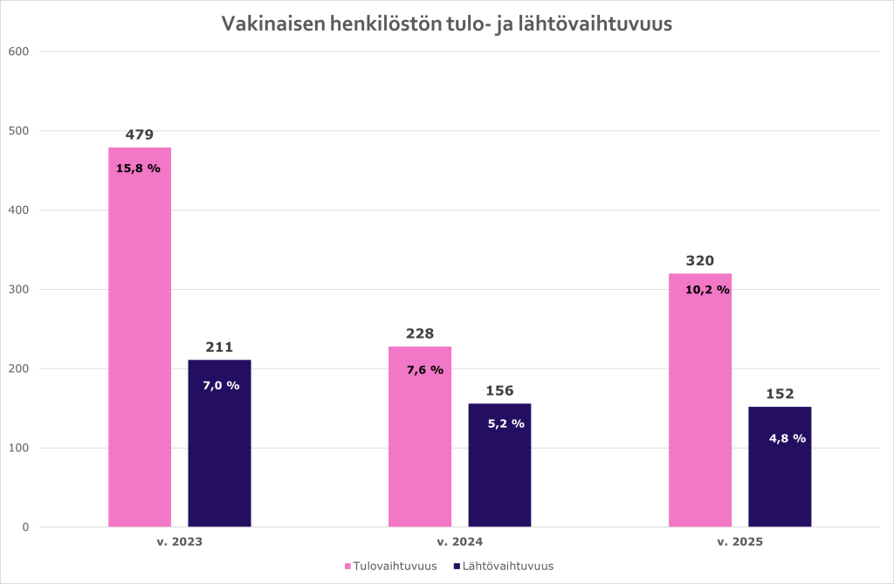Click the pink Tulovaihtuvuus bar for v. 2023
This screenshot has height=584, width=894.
140,349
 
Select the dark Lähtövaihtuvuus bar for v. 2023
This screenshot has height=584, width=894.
219,454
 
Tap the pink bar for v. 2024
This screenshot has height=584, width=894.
420,445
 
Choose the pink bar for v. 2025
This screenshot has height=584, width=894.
700,410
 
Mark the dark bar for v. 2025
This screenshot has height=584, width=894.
780,480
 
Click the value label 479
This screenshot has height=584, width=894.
140,134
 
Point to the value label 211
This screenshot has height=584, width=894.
219,347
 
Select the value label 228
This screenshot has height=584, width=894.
420,333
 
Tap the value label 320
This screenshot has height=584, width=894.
700,260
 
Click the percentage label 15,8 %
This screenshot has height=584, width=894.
138,168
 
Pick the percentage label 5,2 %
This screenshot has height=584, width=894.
505,423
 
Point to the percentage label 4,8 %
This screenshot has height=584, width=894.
787,438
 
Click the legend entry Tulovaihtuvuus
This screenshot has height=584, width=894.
394,566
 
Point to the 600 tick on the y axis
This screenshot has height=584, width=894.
19,52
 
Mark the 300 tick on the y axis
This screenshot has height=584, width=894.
19,290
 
